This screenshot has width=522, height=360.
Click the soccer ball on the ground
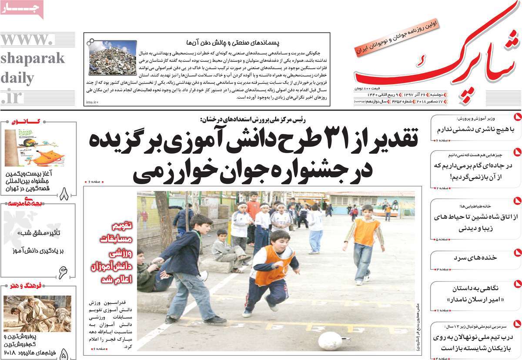click(330, 340)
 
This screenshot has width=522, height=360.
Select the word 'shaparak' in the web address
click(32, 58)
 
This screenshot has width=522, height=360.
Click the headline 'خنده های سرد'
click(475, 257)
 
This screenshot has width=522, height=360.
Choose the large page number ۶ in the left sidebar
click(63, 273)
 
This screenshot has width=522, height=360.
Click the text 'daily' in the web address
click(17, 78)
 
